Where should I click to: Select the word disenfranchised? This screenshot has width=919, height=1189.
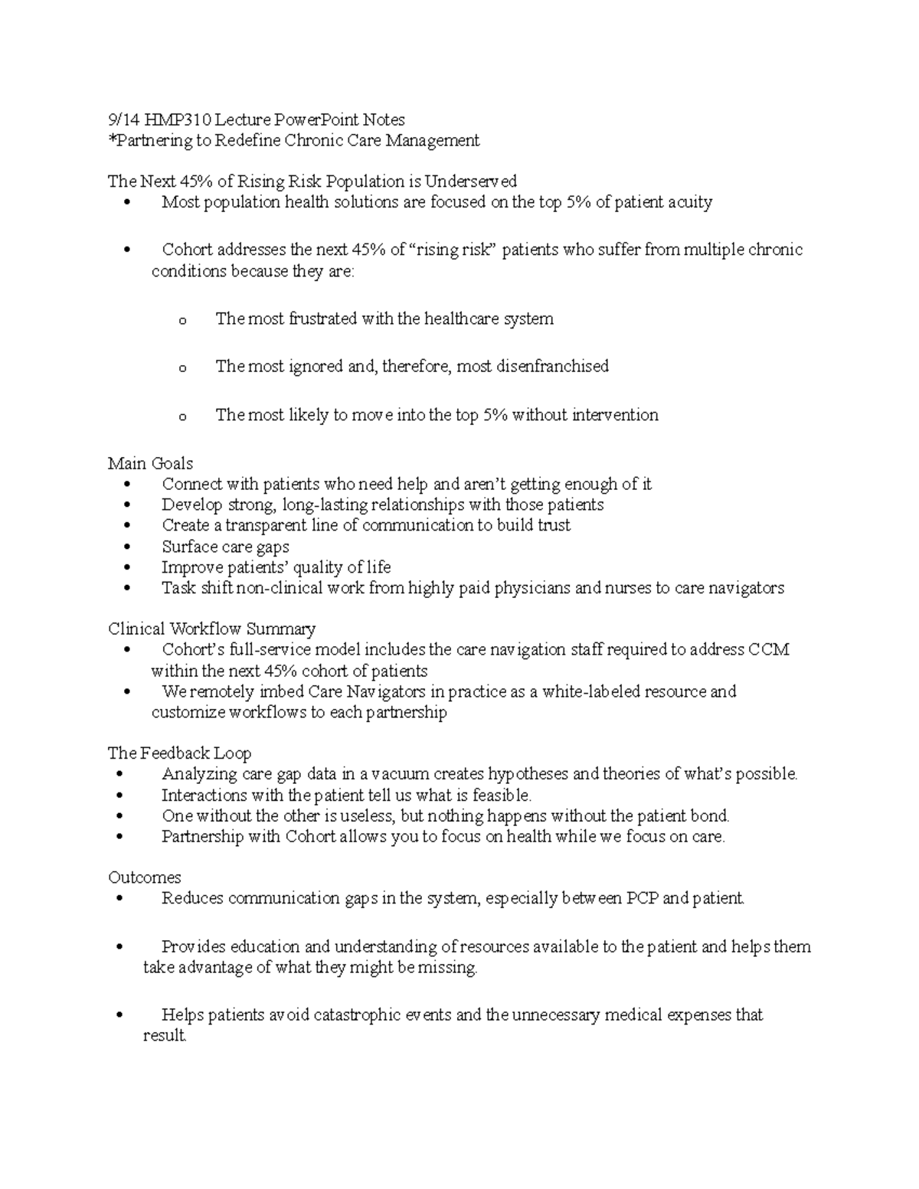coord(552,366)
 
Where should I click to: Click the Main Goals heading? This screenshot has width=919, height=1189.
coord(150,463)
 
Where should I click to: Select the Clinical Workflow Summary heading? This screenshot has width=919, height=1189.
coord(211,629)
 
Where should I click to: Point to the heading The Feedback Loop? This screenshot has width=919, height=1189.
coord(179,753)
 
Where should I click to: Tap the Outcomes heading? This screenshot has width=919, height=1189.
coord(144,877)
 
